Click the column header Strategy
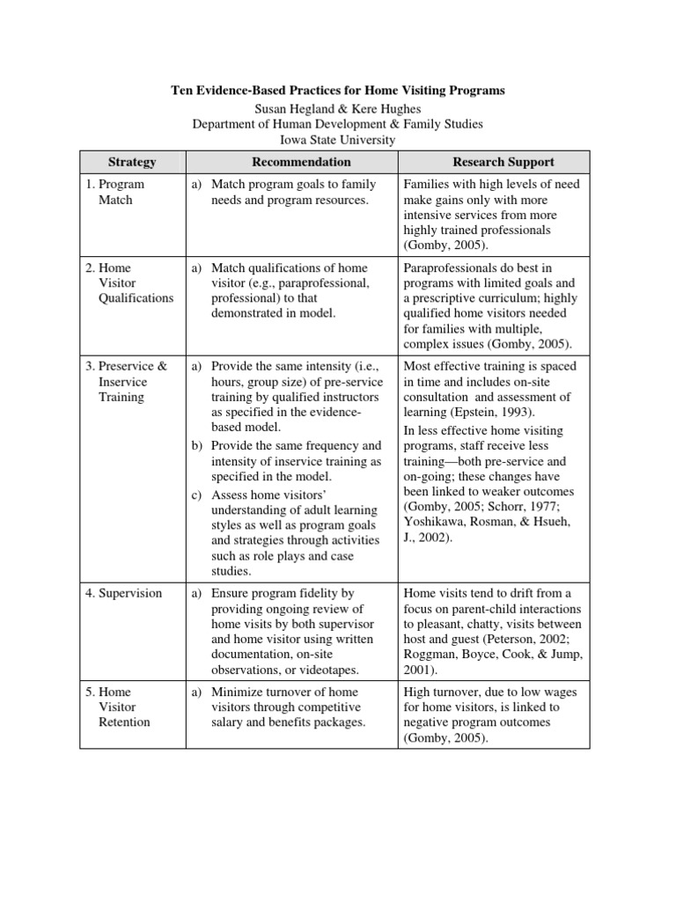coord(131,162)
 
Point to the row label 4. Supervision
coord(124,593)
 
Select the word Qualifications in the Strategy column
coord(136,297)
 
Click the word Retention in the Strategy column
coord(125,722)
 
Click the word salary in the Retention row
coord(229,722)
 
